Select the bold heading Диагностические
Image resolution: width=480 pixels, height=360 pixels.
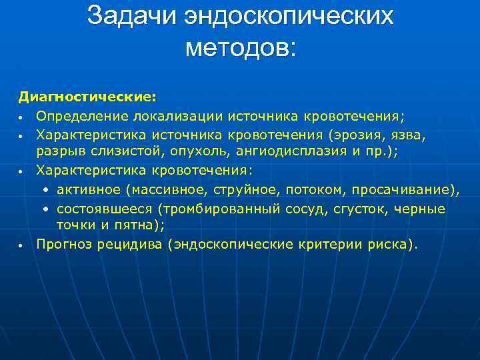click(87, 97)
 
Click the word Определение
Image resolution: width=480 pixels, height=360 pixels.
click(83, 116)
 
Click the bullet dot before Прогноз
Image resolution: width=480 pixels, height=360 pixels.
click(22, 245)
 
